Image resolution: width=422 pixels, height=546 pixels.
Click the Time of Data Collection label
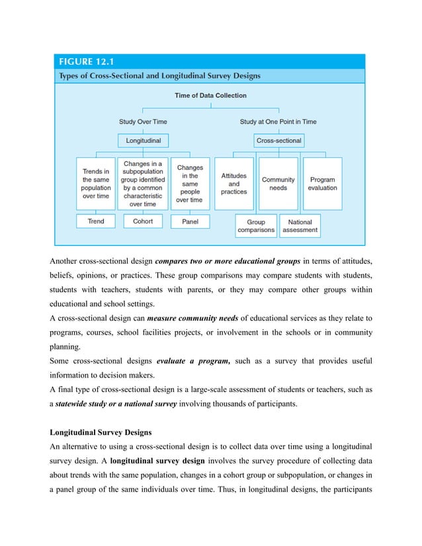(210, 95)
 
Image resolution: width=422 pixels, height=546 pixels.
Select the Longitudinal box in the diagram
(143, 140)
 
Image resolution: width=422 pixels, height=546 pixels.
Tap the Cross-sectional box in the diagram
(278, 140)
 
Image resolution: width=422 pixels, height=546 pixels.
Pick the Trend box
(96, 221)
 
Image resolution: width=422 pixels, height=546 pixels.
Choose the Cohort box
(143, 221)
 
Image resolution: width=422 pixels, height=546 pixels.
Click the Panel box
(190, 221)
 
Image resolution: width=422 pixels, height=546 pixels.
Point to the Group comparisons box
(256, 226)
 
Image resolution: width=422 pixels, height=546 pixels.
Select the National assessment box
(300, 226)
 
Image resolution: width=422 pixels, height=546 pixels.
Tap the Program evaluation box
(322, 183)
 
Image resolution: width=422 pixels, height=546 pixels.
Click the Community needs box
(278, 183)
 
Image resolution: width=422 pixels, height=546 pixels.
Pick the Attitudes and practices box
(234, 183)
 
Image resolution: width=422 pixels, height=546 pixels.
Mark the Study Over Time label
(143, 122)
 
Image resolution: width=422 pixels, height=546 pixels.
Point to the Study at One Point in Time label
(278, 122)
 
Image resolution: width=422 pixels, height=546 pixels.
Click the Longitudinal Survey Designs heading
(101, 432)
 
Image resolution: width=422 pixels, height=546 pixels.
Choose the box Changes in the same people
(190, 183)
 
